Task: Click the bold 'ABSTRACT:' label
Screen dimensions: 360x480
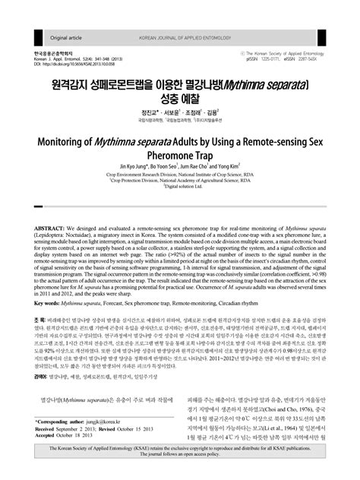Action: click(x=50, y=228)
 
